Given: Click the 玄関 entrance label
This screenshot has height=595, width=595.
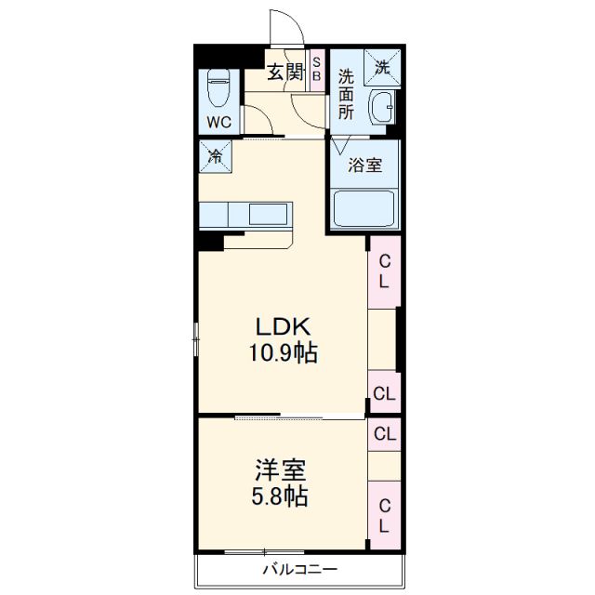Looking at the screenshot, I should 285,73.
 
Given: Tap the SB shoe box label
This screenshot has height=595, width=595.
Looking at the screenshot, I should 316,69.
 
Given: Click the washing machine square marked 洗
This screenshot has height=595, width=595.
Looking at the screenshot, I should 383,67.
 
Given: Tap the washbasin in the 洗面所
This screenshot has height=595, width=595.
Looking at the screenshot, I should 382,109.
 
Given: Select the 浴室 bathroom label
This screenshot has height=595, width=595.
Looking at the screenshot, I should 364,166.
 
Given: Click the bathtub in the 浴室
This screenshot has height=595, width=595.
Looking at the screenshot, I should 364,208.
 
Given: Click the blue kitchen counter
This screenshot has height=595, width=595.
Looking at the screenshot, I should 246,214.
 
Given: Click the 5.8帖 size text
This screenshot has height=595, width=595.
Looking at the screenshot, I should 279,496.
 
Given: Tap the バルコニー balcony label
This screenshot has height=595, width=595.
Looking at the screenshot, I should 298,570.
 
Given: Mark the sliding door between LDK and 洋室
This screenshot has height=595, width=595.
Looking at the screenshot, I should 279,416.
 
